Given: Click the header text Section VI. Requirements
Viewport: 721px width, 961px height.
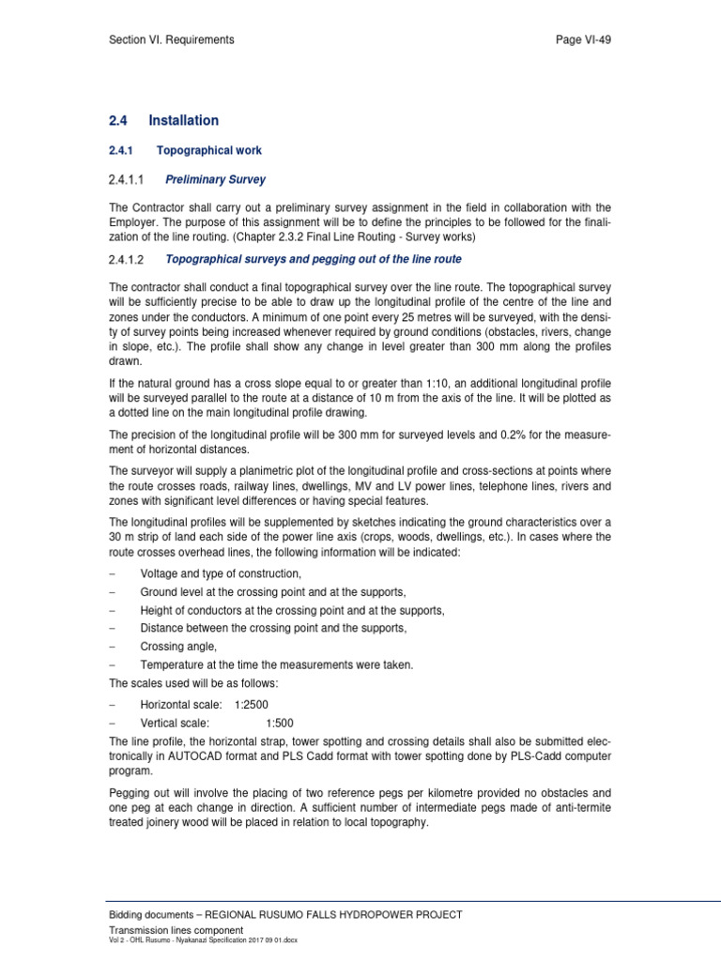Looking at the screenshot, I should point(172,40).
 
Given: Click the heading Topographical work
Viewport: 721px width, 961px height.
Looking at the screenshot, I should point(208,150).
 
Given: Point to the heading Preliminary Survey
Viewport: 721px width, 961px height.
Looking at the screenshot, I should point(216,179).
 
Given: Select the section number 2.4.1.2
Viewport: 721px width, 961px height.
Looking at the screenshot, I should point(131,259).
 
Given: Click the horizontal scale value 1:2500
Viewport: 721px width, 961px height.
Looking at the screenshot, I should point(254,704).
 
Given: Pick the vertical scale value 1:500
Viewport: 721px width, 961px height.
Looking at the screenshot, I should point(280,724).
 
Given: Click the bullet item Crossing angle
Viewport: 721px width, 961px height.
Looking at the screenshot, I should point(178,647).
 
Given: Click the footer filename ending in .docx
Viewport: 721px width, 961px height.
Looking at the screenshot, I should point(204,939).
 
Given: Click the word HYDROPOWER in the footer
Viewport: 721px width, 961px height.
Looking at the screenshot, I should point(386,914).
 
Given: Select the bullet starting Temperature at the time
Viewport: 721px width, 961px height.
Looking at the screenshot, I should point(277,664).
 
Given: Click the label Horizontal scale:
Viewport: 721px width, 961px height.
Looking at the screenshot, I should point(181,704).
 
